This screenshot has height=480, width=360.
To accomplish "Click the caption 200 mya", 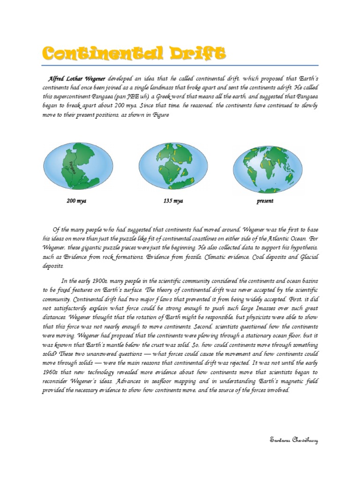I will (x=76, y=201).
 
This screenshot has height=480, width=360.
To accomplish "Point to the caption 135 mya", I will (x=173, y=201).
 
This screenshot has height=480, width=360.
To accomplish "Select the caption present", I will (x=265, y=201).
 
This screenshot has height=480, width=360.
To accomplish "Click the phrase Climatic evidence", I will (x=227, y=256).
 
